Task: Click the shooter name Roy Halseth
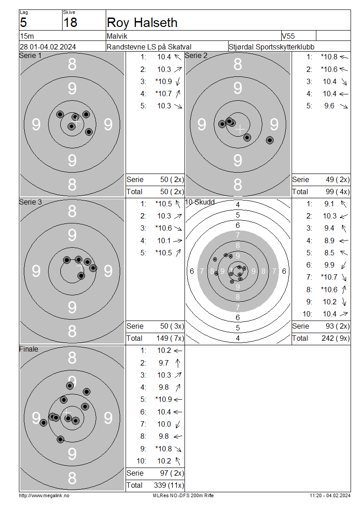tap(142, 22)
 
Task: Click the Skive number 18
tap(70, 22)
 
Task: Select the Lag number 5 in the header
tap(23, 22)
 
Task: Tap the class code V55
tap(288, 36)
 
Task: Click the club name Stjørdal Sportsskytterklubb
tap(271, 47)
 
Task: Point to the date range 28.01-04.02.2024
tap(48, 47)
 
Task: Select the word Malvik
tap(117, 36)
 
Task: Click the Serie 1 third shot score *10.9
tap(163, 81)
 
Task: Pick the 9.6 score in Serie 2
tap(329, 106)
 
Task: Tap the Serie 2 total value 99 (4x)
tap(337, 192)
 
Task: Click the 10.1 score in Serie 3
tap(164, 241)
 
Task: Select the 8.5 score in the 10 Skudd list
tap(329, 253)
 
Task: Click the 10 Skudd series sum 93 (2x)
tap(337, 326)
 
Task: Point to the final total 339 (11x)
tap(169, 486)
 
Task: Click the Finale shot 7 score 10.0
tap(164, 424)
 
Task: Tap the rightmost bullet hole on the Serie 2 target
tap(270, 140)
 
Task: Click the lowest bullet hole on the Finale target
tap(60, 439)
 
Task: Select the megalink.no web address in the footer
tap(44, 495)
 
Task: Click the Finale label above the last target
tap(28, 349)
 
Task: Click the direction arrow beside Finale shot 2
tap(178, 363)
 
